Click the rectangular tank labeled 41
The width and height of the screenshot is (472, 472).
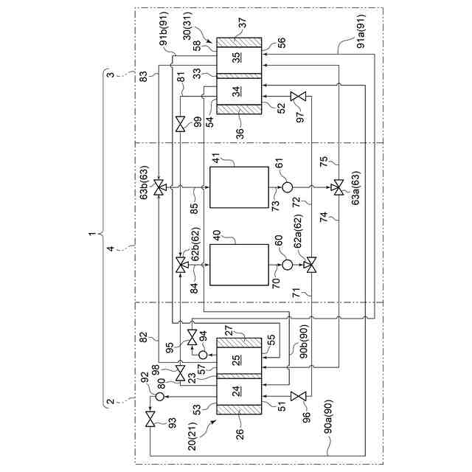point(239,187)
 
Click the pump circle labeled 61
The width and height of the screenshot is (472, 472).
point(287,187)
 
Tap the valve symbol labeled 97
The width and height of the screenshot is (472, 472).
point(297,97)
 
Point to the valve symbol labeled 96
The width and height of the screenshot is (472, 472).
point(297,397)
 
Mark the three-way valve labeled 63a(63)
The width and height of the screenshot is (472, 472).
point(338,187)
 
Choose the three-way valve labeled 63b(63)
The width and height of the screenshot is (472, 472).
point(162,187)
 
